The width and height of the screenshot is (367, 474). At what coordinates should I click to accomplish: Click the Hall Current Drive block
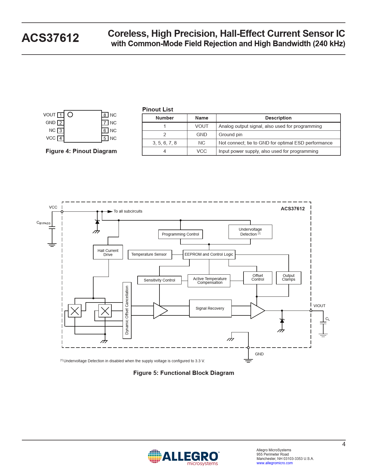(x=108, y=252)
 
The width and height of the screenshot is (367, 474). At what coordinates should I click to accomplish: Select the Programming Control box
(x=180, y=234)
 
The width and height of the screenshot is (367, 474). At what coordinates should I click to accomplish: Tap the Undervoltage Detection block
(x=250, y=232)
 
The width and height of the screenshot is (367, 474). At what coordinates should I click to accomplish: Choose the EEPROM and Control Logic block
(x=209, y=255)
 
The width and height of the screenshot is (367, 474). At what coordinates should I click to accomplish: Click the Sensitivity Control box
(x=159, y=280)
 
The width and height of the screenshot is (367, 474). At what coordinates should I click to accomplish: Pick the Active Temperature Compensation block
(x=209, y=281)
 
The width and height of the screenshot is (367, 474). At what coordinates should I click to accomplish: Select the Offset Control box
(x=258, y=278)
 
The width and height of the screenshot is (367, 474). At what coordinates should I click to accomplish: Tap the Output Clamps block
(x=288, y=278)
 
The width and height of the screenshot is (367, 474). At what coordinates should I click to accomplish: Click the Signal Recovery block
(x=210, y=309)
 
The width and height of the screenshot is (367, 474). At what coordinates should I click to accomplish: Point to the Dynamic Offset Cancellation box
(x=127, y=310)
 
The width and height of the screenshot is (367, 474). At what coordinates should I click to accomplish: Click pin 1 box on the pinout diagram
(x=60, y=115)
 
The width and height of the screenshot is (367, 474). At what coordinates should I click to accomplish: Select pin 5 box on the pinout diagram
(x=105, y=138)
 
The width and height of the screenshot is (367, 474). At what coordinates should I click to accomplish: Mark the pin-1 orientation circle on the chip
(x=70, y=115)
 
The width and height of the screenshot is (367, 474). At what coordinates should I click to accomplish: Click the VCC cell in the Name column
(x=201, y=151)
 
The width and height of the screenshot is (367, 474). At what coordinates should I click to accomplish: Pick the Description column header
(x=278, y=118)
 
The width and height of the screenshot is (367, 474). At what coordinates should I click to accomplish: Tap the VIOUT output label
(x=319, y=306)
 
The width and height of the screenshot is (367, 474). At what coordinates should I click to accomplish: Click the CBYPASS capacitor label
(x=43, y=223)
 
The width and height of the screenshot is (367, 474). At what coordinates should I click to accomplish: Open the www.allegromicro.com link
(x=275, y=463)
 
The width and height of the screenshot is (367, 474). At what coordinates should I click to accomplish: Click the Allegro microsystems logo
(x=183, y=457)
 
